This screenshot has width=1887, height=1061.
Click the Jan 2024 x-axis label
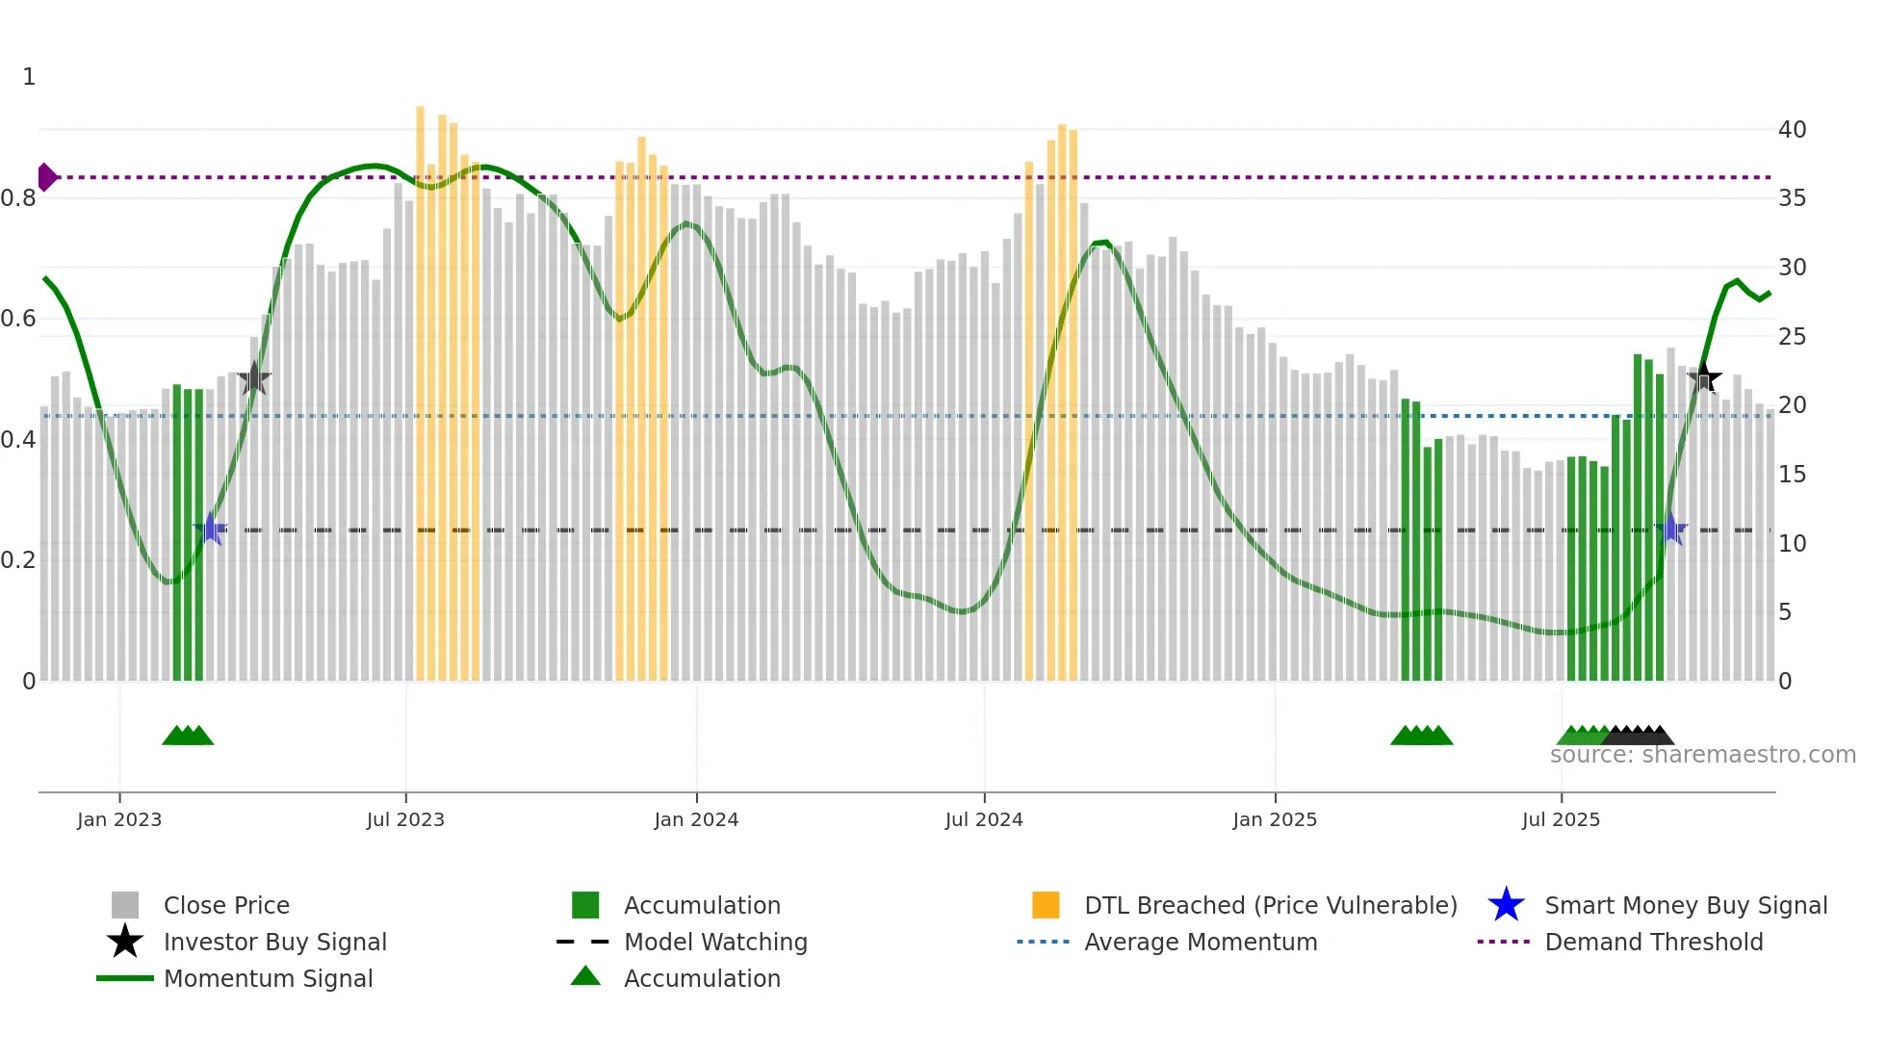(696, 819)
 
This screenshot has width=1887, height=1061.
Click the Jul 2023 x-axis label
(405, 819)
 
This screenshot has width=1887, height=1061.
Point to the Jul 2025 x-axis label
(1561, 819)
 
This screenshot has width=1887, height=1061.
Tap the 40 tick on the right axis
(1792, 129)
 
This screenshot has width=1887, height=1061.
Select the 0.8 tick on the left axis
(19, 198)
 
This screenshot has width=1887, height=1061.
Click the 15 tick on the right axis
(1792, 475)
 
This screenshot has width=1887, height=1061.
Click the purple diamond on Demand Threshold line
(46, 177)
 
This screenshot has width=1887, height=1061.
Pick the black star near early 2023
(253, 378)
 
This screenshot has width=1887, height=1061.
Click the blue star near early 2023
(210, 529)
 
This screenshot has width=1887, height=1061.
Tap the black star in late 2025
(1704, 376)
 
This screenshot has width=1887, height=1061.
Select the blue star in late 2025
(1671, 529)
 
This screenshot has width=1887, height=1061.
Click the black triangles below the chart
(1640, 736)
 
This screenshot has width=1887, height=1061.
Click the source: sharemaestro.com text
(1702, 755)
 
